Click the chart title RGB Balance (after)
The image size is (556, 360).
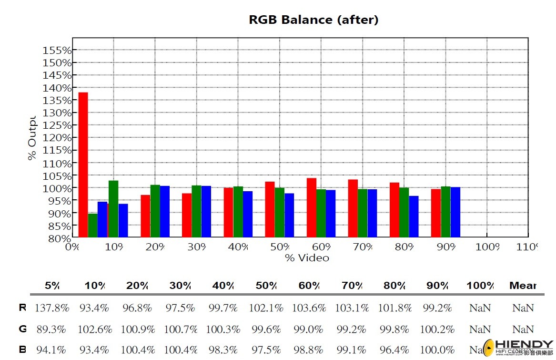point(313,20)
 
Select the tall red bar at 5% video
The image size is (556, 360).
point(83,162)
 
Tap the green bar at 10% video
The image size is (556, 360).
point(113,208)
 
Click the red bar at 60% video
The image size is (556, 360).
point(311,207)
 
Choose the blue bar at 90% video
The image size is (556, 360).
point(455,212)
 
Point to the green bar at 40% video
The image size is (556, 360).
point(238,211)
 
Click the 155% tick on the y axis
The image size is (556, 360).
point(57,50)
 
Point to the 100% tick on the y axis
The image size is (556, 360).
point(57,188)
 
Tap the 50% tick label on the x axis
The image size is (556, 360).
point(280,247)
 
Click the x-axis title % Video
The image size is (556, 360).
point(307,258)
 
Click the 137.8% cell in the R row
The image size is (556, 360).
point(51,308)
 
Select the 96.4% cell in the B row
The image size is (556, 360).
point(394,350)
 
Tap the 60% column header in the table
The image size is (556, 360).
point(309,286)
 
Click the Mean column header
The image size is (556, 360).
point(523,286)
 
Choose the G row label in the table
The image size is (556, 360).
point(22,329)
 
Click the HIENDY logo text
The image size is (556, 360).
point(524,345)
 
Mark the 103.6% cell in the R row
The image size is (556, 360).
point(309,308)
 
